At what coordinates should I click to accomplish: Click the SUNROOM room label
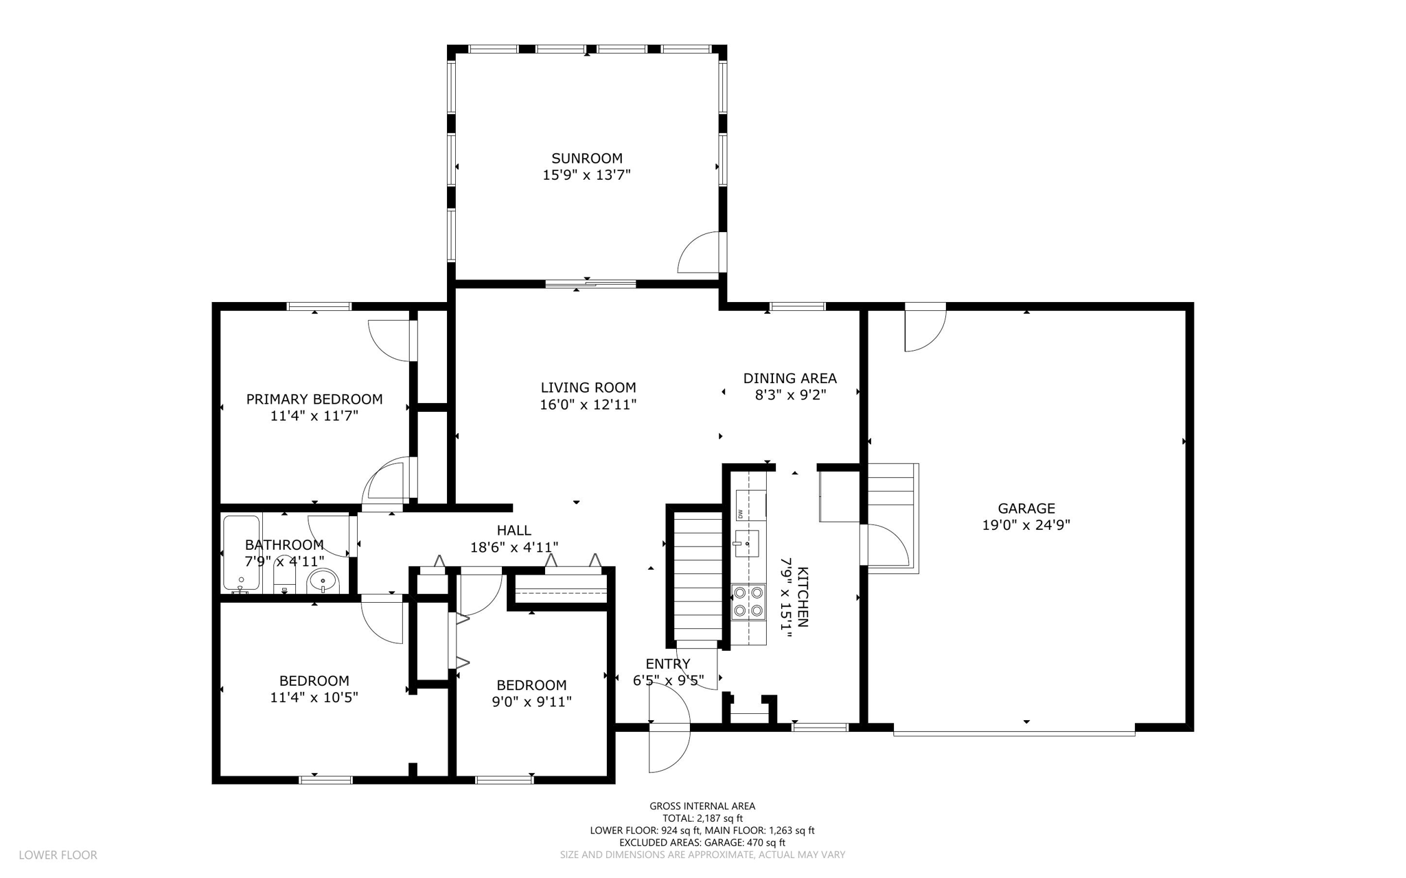click(587, 159)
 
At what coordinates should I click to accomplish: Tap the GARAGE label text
click(1026, 509)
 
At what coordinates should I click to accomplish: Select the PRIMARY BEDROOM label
click(314, 400)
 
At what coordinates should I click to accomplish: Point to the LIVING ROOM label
click(588, 388)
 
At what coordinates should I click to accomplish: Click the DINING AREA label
click(790, 378)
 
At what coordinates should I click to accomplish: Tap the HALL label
click(514, 531)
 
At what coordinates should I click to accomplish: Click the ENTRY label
click(668, 664)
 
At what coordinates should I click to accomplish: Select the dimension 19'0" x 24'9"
click(1026, 526)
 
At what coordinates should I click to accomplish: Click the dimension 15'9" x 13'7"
click(587, 176)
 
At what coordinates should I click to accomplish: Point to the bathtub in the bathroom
click(241, 553)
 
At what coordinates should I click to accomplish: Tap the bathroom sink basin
click(323, 581)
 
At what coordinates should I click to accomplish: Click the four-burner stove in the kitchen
click(748, 602)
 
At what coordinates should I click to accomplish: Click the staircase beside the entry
click(698, 577)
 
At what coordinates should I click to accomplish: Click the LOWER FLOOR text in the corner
click(58, 855)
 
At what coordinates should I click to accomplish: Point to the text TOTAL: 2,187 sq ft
click(702, 818)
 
